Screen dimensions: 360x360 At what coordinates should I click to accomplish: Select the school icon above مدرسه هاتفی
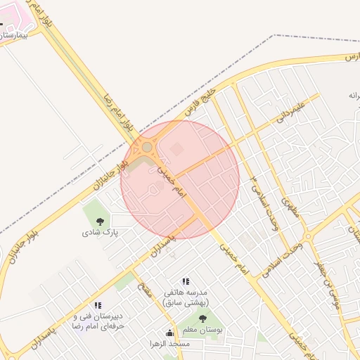[x=186, y=281]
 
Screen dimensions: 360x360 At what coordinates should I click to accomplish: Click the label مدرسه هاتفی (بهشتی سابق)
[x=186, y=297]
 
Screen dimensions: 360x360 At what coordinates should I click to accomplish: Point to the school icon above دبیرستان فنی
[x=98, y=305]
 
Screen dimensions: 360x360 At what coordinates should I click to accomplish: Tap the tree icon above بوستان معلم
[x=202, y=319]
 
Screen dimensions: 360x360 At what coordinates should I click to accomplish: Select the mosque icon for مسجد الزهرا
[x=169, y=333]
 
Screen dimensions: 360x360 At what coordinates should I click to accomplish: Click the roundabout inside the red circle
[x=148, y=148]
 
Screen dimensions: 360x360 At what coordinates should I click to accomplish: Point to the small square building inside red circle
[x=176, y=148]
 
